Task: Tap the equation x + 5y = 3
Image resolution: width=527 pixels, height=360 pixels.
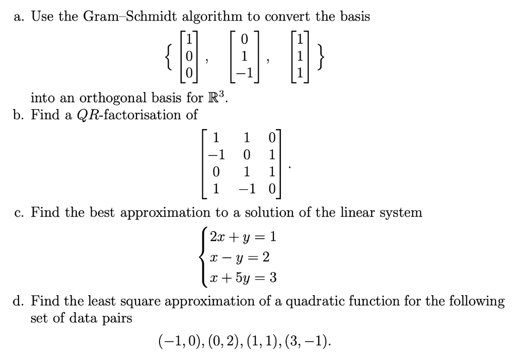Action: point(241,278)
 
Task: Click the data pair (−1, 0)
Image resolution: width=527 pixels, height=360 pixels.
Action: point(178,340)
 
